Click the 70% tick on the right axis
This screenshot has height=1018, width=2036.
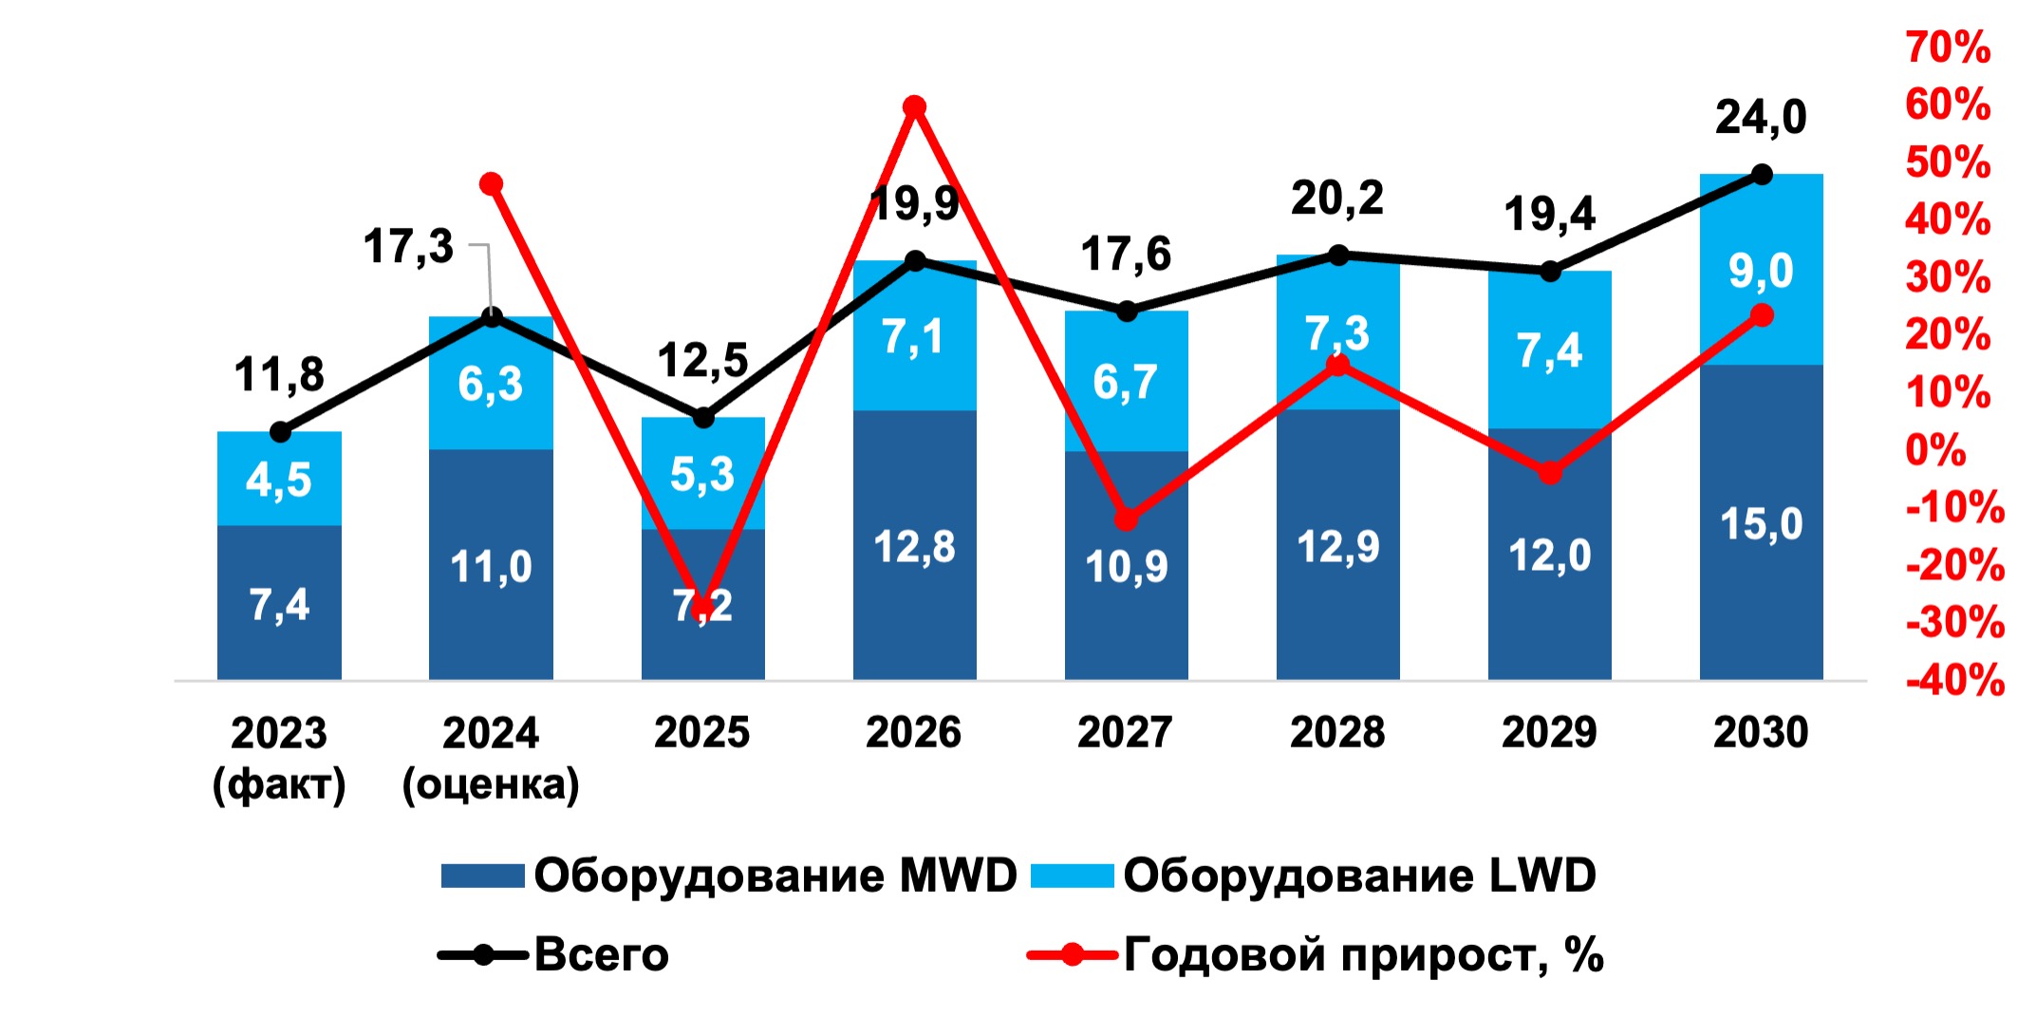(x=1947, y=47)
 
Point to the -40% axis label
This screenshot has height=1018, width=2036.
(x=1954, y=681)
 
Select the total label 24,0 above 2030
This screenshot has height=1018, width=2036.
(x=1761, y=118)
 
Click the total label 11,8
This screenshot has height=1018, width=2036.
(x=279, y=375)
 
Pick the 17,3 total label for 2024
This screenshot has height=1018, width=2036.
(x=408, y=247)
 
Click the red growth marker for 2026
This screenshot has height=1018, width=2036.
(x=914, y=106)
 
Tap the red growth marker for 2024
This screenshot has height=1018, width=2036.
(x=491, y=184)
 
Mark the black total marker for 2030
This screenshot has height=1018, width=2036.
(x=1762, y=175)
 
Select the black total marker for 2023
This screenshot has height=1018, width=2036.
(x=280, y=433)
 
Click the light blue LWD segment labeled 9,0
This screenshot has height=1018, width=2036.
(x=1761, y=271)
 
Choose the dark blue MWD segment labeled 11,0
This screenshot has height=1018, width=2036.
(x=491, y=567)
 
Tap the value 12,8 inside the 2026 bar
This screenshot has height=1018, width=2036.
(x=914, y=547)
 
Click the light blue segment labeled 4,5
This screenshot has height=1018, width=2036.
(x=279, y=480)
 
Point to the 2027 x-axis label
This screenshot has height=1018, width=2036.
(x=1125, y=732)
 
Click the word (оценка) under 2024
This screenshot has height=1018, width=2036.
(x=491, y=785)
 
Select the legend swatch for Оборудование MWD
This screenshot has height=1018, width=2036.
(x=482, y=876)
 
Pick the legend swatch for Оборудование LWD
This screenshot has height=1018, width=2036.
(x=1072, y=876)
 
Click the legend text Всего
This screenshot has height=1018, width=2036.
(x=601, y=954)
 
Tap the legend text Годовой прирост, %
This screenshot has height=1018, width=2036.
(x=1363, y=954)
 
